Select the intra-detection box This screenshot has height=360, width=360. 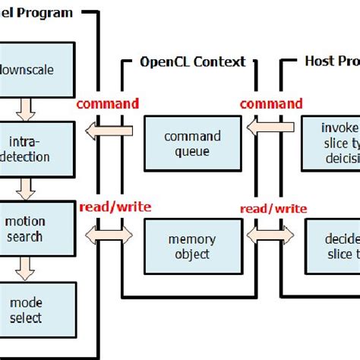click(x=37, y=149)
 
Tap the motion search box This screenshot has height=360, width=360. click(x=37, y=229)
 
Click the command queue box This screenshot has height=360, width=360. click(x=192, y=144)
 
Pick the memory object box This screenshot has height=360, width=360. click(x=192, y=246)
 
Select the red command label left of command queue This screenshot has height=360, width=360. click(x=109, y=104)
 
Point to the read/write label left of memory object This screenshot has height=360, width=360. click(x=115, y=207)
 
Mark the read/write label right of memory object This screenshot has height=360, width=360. click(x=273, y=208)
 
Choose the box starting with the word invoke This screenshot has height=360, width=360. click(x=330, y=142)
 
